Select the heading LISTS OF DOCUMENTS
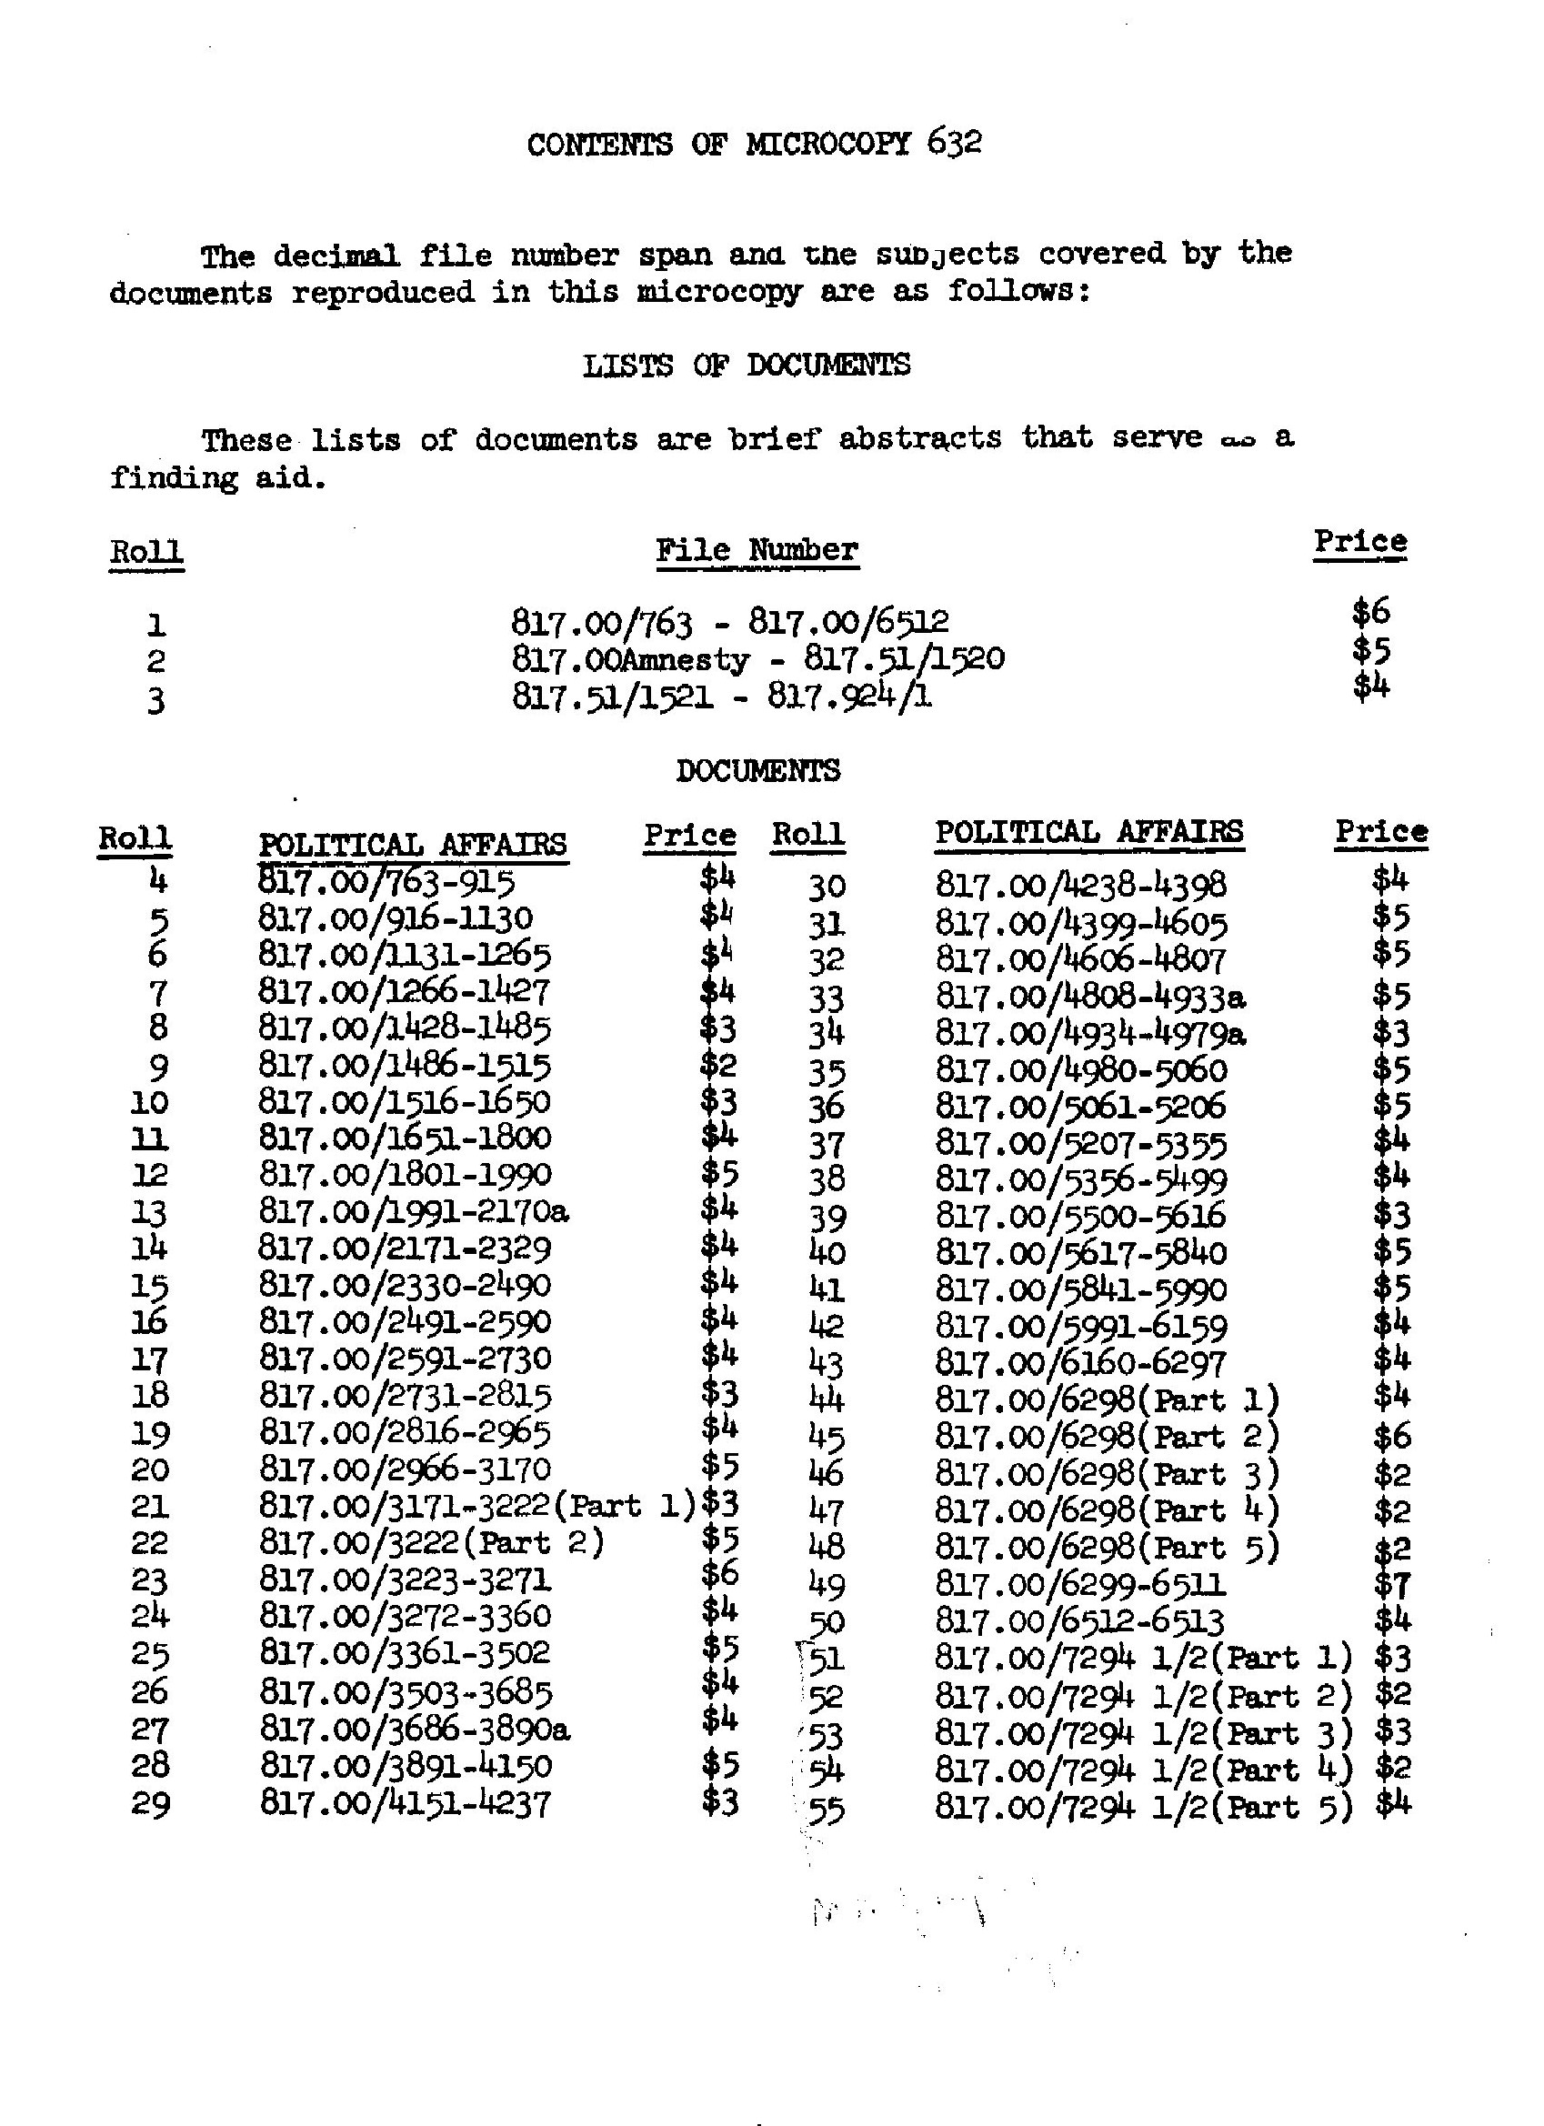(747, 366)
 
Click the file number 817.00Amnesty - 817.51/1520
(757, 659)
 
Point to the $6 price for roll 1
(1370, 613)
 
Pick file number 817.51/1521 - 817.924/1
(722, 697)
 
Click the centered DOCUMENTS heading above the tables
(757, 771)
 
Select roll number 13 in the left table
(150, 1213)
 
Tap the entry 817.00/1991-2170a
(414, 1212)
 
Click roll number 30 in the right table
(826, 886)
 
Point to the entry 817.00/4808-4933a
(1090, 996)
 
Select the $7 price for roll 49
(1391, 1584)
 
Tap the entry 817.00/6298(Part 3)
(1108, 1475)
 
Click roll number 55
(826, 1810)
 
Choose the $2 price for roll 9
(719, 1065)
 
